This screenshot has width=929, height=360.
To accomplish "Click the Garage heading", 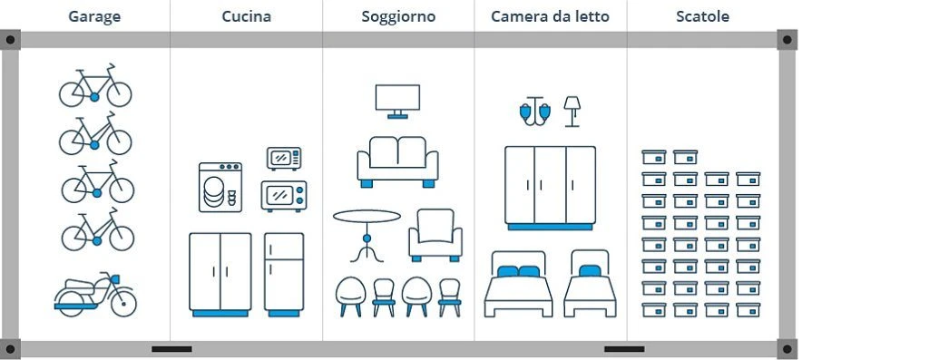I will click(94, 16).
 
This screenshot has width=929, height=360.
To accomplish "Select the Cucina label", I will click(246, 16).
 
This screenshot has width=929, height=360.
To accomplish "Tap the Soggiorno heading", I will click(397, 16).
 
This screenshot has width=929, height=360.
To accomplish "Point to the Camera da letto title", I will click(550, 16).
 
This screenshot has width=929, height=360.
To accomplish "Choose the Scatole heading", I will click(702, 16).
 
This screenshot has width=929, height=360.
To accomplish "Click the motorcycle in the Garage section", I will click(95, 294).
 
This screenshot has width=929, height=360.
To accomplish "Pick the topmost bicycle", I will click(95, 86).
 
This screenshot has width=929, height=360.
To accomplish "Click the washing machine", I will click(220, 188).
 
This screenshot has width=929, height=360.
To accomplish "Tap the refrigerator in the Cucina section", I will click(284, 272).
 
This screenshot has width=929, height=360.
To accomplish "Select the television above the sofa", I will click(397, 100).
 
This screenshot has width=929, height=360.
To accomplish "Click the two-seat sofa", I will click(397, 161).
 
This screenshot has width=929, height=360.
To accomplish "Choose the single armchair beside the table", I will click(435, 235).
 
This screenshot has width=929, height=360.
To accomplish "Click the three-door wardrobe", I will click(550, 186).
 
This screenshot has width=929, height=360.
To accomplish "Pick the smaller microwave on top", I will click(284, 158).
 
